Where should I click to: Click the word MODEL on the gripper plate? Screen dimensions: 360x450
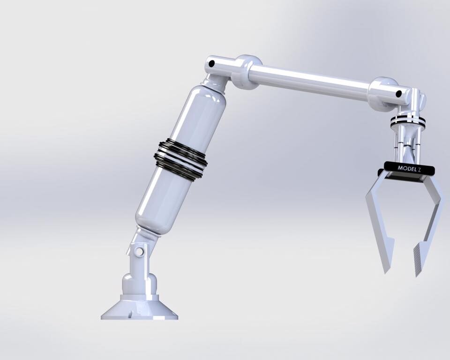[x=406, y=168]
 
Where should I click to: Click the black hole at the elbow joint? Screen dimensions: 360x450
[x=211, y=63]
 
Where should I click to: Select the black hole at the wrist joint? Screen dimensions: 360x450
[x=399, y=93]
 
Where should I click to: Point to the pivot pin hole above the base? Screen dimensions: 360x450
[x=139, y=252]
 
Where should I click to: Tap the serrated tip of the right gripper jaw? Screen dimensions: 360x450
[x=418, y=265]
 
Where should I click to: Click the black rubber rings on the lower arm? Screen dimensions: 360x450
[x=180, y=159]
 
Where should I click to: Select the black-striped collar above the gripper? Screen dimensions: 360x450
[x=408, y=120]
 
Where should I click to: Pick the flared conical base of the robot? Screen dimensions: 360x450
[x=139, y=309]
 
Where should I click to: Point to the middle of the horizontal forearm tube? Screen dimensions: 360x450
[x=309, y=82]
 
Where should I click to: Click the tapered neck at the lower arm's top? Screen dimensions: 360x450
[x=216, y=84]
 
